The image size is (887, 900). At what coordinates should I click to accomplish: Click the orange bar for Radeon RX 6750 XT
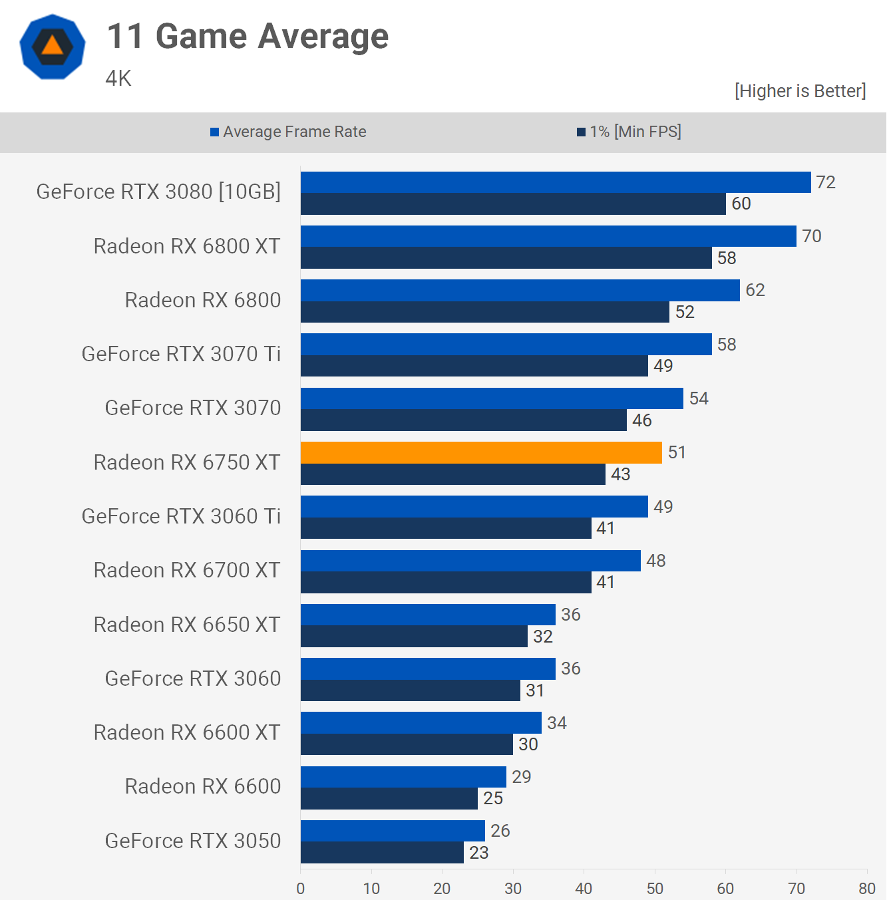pos(481,452)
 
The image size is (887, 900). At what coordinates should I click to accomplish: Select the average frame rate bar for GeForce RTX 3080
pos(556,182)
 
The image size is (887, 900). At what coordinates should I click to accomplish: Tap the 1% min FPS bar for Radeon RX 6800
pos(485,311)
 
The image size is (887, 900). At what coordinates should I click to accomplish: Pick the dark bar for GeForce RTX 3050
pos(382,852)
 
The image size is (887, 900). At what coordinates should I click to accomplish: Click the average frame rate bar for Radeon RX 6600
pos(403,777)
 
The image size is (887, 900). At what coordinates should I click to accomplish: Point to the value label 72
pos(826,182)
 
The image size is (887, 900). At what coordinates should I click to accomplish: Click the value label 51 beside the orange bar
pos(677,452)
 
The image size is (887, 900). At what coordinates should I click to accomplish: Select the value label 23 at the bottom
pos(479,852)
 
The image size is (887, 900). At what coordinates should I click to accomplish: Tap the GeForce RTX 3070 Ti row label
pos(181,354)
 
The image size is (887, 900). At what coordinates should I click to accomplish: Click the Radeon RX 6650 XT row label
pos(187,625)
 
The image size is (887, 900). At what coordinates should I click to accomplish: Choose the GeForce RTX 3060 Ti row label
pos(181,516)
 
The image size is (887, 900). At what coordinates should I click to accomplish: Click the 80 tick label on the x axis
pos(868,888)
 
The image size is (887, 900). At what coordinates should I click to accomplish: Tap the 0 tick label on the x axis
pos(301,888)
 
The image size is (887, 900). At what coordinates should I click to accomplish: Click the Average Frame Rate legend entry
pos(288,132)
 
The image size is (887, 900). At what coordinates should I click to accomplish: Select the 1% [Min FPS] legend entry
pos(629,132)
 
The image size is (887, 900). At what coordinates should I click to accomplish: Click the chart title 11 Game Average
pos(248,36)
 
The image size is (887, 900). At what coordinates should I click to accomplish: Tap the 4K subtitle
pos(118,78)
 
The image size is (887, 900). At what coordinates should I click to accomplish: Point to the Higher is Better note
pos(800,90)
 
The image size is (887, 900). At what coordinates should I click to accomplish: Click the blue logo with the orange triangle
pos(53,47)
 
